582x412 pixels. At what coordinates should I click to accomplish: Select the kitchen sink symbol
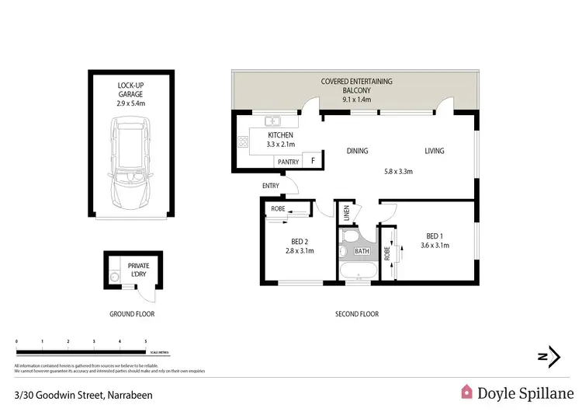tap(272, 121)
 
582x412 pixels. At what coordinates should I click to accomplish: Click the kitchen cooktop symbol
tap(241, 142)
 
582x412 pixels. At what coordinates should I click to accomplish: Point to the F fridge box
tap(312, 161)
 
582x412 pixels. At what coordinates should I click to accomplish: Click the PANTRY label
tap(287, 162)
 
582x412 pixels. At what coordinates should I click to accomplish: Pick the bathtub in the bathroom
tap(359, 270)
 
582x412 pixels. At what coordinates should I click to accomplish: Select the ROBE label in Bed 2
tap(278, 209)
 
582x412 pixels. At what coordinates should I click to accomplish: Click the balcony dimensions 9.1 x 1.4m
tap(357, 100)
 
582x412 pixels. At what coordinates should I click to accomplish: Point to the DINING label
tap(357, 151)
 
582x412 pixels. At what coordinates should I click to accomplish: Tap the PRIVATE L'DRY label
tap(138, 271)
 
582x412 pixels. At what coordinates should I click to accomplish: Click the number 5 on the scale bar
tap(146, 341)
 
